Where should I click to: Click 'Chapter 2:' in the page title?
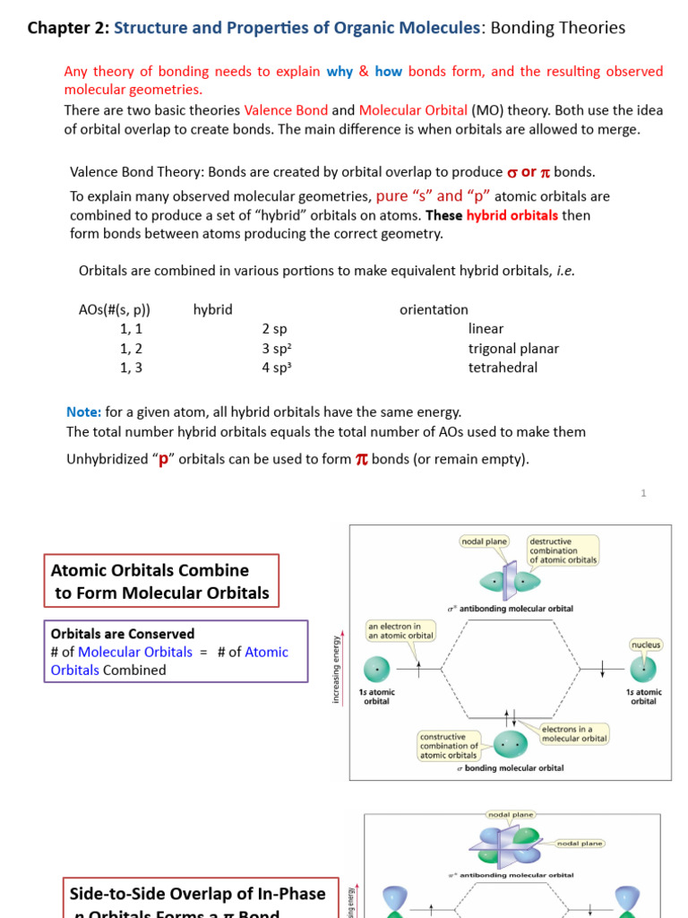coord(68,28)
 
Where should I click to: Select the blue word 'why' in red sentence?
coord(340,72)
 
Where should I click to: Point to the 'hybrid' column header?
coord(212,309)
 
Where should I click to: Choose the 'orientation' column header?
coord(434,309)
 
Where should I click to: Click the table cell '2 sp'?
coord(274,329)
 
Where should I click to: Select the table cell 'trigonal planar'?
coord(513,349)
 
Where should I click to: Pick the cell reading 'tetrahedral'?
coord(503,368)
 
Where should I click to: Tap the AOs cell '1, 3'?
coord(131,368)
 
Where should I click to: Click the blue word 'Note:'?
coord(84,412)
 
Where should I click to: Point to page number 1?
coord(643,493)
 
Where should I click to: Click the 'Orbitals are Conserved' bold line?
coord(123,634)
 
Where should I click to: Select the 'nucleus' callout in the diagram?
coord(645,645)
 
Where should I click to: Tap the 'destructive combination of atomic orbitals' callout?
coord(563,551)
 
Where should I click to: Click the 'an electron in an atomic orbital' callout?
coord(400,631)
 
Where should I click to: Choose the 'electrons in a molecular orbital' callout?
coord(574,734)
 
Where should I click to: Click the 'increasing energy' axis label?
coord(337,669)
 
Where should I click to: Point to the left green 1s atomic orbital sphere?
coord(376,669)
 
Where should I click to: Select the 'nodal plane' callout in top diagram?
coord(484,541)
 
